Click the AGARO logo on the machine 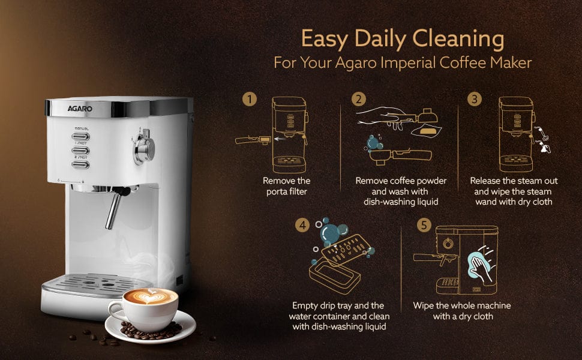coord(80,109)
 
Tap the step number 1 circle coord(250,99)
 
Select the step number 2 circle coord(359,99)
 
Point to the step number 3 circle coord(475,99)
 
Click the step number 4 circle coord(302,225)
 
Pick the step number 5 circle coord(424,225)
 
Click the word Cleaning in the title coord(458,39)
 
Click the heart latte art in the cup coord(150,295)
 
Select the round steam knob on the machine coord(145,148)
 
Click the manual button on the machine coord(80,137)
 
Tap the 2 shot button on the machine coord(80,165)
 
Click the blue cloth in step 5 coord(479,265)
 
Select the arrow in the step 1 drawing coord(280,139)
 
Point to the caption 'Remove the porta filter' coord(287,187)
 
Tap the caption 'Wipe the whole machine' coord(462,305)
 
